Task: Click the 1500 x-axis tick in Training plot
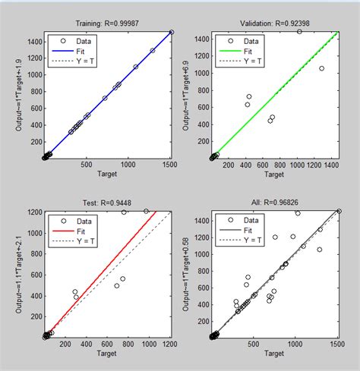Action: pos(171,165)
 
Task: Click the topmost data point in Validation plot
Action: pos(299,32)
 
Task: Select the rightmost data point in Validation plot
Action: pos(321,68)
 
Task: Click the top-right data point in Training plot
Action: pos(171,33)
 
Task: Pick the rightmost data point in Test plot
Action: pos(147,212)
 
